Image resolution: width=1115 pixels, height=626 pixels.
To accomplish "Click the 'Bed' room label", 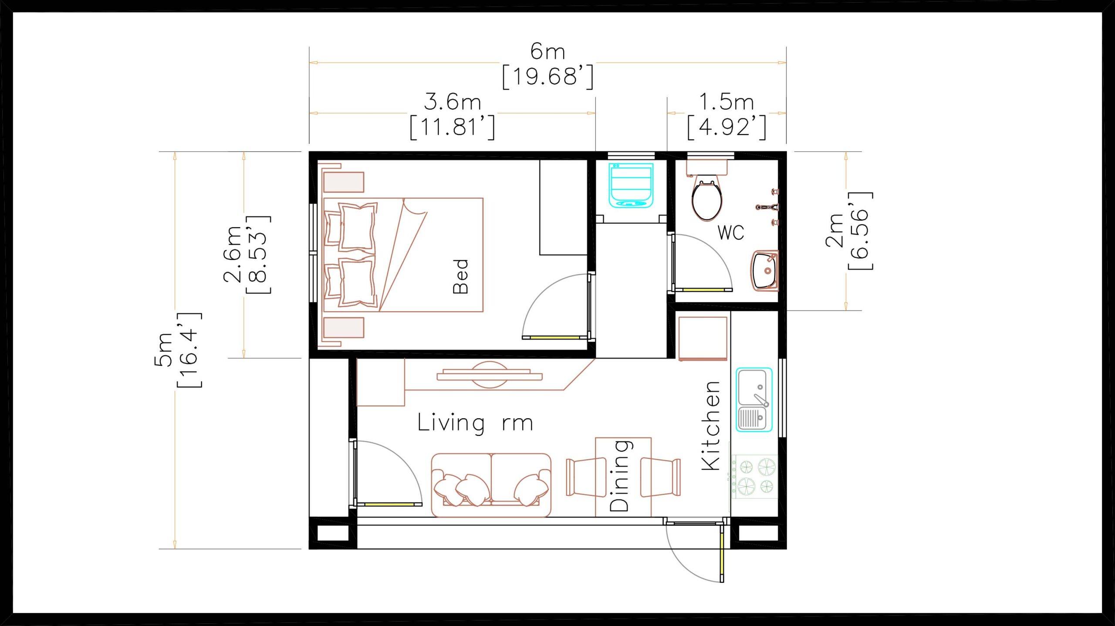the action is (x=460, y=276).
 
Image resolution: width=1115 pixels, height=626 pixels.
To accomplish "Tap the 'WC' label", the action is (x=731, y=232).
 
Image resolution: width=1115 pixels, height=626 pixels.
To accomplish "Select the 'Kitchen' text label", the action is (x=711, y=426).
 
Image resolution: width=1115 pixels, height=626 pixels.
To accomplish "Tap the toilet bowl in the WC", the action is (x=707, y=192).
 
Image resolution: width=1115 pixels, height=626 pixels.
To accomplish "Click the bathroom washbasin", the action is (x=765, y=270).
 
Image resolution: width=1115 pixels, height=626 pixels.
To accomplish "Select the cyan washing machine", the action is (x=631, y=185).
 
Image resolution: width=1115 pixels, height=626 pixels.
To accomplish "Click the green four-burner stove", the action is (x=755, y=476).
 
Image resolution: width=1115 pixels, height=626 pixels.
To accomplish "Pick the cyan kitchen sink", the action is (x=754, y=400).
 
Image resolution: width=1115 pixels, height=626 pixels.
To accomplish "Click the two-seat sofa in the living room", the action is (x=491, y=485).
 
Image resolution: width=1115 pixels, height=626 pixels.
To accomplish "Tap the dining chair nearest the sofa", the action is (x=586, y=477).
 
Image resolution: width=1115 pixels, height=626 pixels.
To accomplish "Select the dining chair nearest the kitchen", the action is (x=660, y=477).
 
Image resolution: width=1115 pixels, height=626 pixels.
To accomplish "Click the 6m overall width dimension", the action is (x=548, y=64).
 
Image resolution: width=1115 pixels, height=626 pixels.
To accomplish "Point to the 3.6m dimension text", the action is (x=453, y=114).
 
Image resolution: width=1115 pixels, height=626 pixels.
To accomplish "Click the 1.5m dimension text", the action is (x=726, y=114).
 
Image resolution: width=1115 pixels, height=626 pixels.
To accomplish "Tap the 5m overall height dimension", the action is (x=178, y=350).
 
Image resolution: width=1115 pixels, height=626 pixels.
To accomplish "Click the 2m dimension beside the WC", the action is (x=849, y=231).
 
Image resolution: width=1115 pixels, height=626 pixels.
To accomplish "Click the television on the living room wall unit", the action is (x=490, y=375).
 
